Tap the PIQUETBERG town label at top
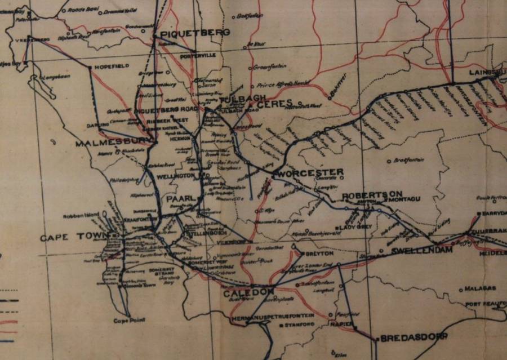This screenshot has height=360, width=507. coord(188,35)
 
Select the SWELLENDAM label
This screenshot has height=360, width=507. coord(422,250)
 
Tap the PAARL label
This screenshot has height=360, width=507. coord(180,199)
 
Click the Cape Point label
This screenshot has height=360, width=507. coord(129,320)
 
